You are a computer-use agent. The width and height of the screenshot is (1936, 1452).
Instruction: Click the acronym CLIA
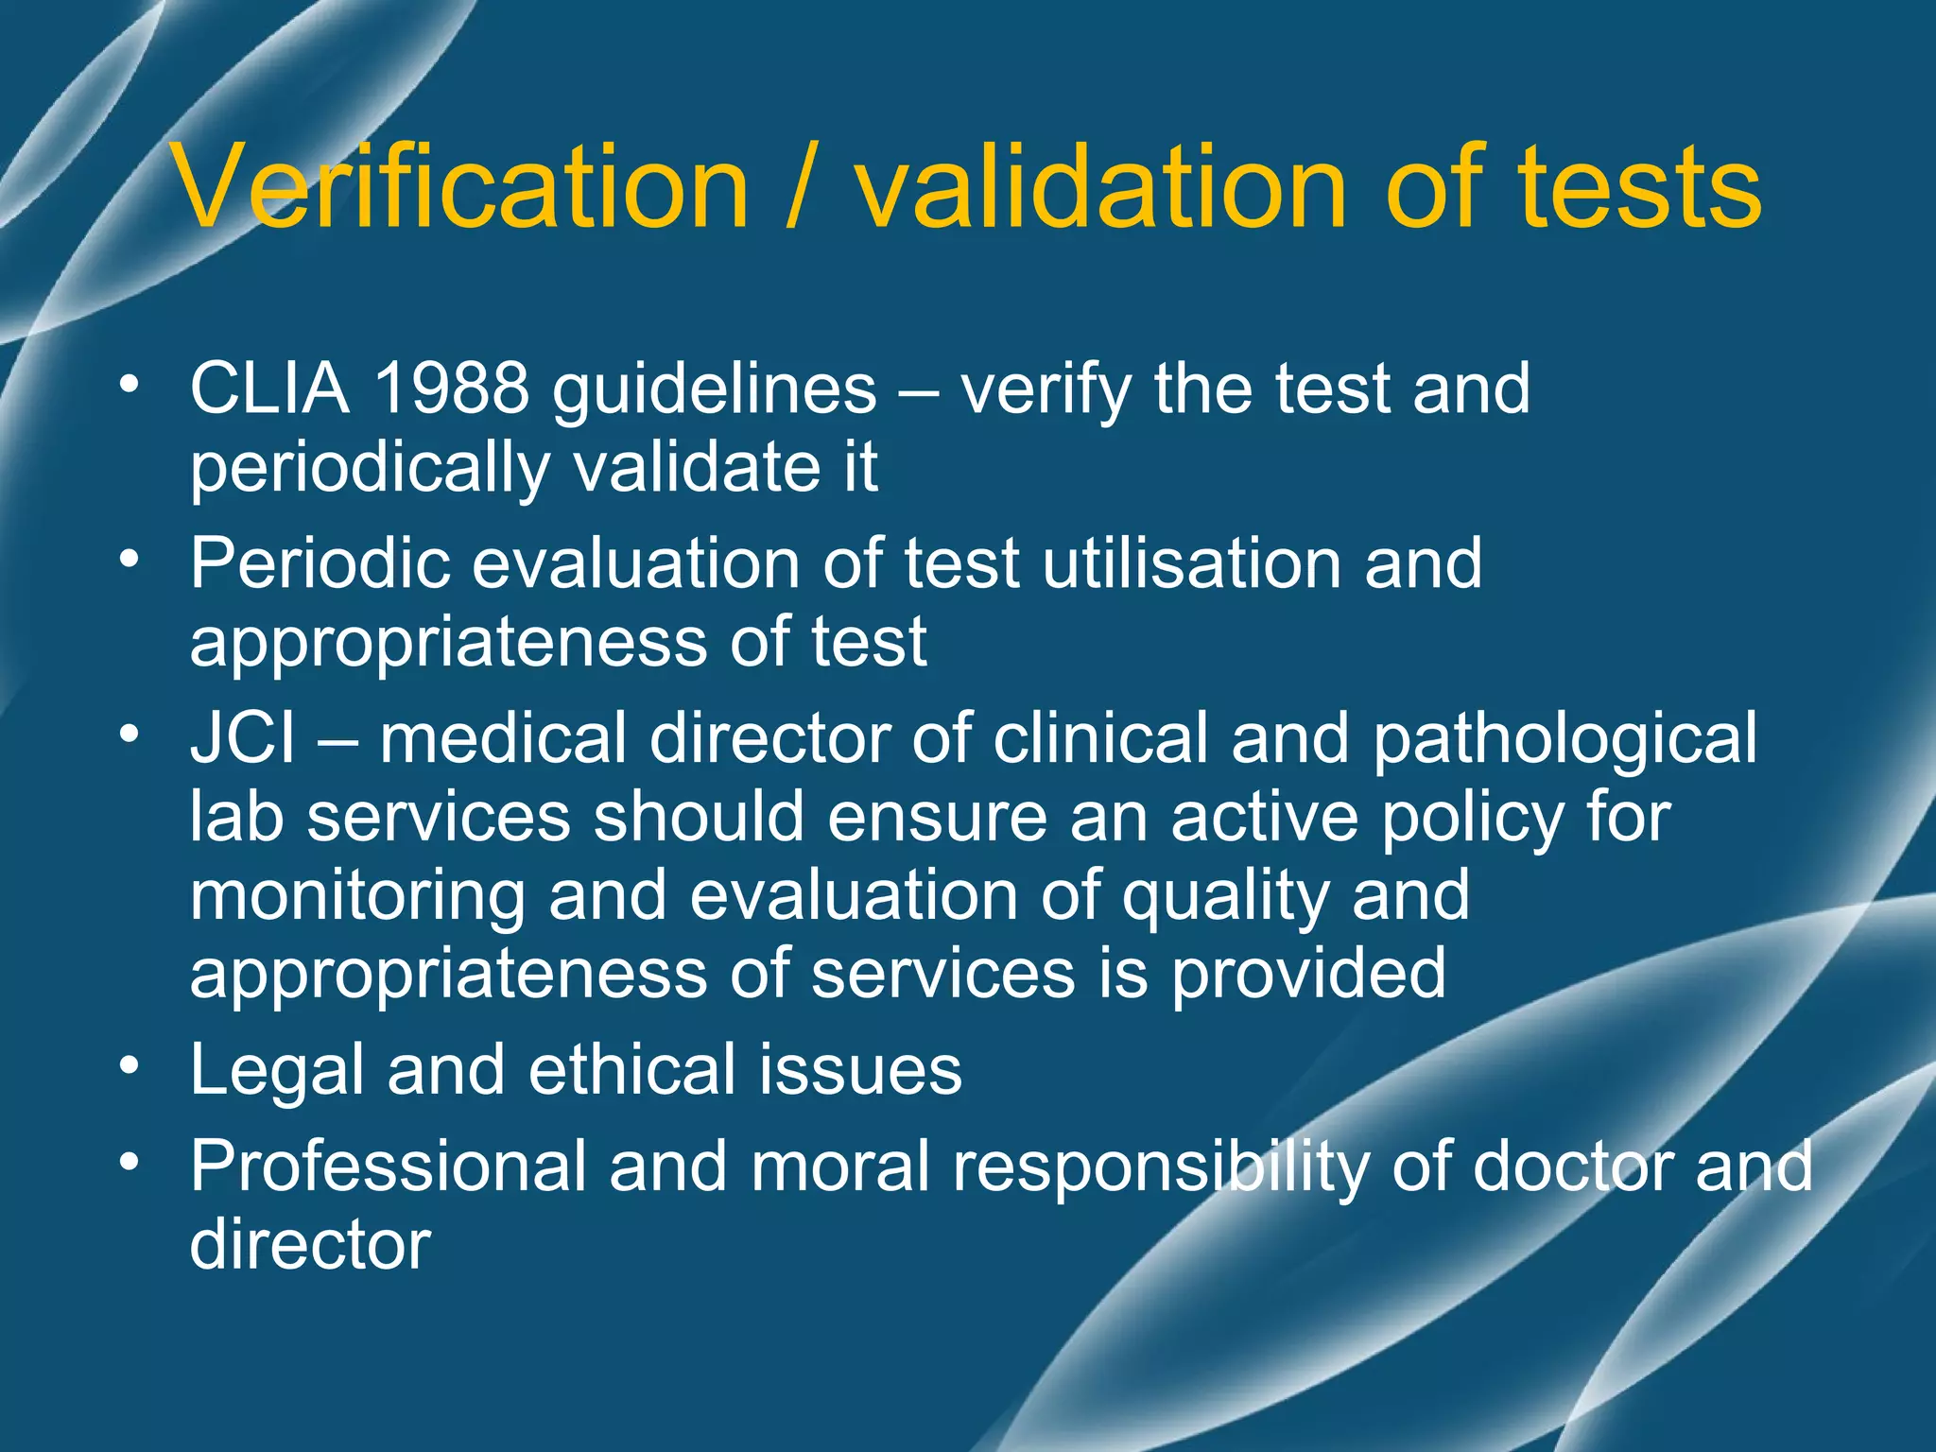tap(269, 389)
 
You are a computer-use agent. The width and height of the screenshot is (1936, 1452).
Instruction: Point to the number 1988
tap(451, 389)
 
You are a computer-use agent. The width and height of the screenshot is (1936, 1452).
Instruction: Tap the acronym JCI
tap(242, 738)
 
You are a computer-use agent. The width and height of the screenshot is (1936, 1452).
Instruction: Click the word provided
tap(1309, 975)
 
